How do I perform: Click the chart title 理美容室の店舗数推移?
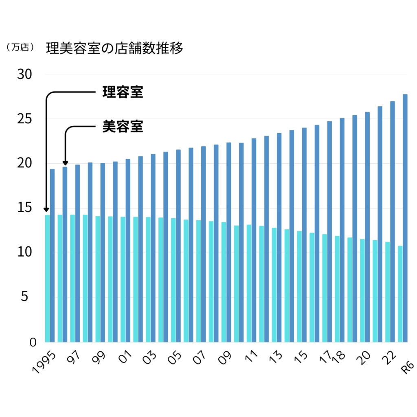click(x=114, y=48)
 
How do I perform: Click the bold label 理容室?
click(x=123, y=92)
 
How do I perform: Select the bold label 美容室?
click(x=123, y=127)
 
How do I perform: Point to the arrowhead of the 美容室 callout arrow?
click(x=65, y=163)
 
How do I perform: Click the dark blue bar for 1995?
click(x=52, y=255)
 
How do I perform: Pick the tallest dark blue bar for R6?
click(x=405, y=218)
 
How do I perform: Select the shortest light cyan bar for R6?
click(x=400, y=294)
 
